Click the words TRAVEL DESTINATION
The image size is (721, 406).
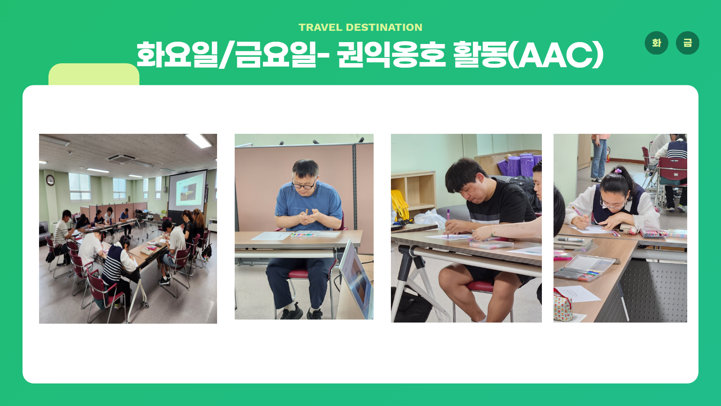click(360, 27)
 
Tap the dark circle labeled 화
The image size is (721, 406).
click(656, 43)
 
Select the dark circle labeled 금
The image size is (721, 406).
click(688, 43)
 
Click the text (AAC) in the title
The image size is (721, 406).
click(555, 55)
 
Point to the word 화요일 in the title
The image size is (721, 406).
click(177, 55)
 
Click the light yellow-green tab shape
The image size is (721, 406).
click(94, 74)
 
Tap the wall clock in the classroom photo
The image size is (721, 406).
click(50, 180)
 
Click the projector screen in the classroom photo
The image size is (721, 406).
click(187, 191)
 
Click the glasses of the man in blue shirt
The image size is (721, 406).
click(304, 185)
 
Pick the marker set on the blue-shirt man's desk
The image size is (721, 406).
click(303, 234)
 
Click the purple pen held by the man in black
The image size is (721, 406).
click(448, 224)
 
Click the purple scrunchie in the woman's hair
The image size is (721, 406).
click(618, 171)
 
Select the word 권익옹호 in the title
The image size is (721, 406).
click(391, 55)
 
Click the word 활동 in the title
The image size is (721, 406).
click(480, 55)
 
